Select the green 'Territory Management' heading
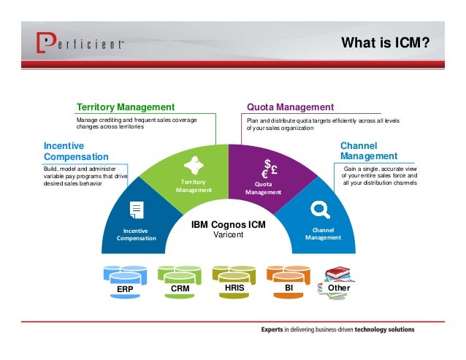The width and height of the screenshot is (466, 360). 126,107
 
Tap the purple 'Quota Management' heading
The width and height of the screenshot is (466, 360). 290,107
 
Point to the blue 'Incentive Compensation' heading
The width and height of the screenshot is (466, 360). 76,151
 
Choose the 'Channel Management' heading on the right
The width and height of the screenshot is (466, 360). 369,151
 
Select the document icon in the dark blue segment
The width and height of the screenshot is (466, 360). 137,210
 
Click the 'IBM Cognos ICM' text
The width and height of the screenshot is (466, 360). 229,226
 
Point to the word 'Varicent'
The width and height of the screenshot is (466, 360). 229,235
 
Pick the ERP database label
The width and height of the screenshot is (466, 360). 125,289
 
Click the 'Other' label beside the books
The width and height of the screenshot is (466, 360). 340,288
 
